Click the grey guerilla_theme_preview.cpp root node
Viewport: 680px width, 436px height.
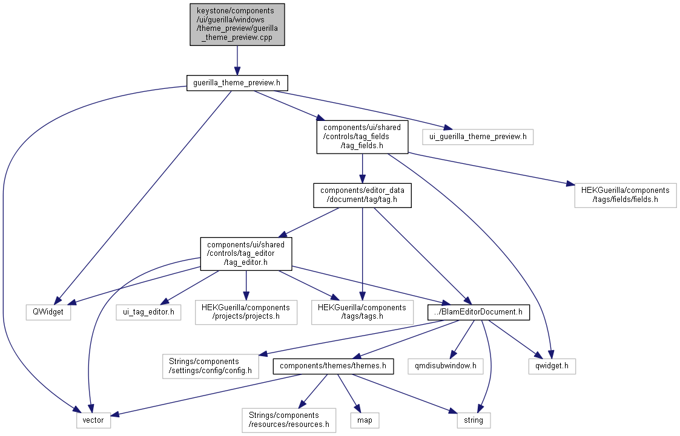pyautogui.click(x=237, y=24)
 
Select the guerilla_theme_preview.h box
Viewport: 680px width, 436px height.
pyautogui.click(x=237, y=83)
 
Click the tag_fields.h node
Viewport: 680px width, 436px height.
pyautogui.click(x=362, y=137)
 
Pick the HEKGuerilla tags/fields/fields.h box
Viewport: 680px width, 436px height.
pyautogui.click(x=625, y=194)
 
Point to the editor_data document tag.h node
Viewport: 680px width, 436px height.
pyautogui.click(x=362, y=194)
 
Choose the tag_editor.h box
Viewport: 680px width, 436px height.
pyautogui.click(x=246, y=253)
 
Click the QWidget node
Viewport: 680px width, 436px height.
pyautogui.click(x=48, y=312)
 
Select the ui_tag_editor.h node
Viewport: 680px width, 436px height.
pyautogui.click(x=148, y=312)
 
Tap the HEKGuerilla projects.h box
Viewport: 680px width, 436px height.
pyautogui.click(x=246, y=312)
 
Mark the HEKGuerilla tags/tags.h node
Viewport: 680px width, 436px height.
pyautogui.click(x=362, y=312)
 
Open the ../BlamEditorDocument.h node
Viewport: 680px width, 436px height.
pyautogui.click(x=479, y=312)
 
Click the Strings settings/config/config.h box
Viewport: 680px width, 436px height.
pyautogui.click(x=210, y=366)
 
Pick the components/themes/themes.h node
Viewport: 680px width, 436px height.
pyautogui.click(x=333, y=366)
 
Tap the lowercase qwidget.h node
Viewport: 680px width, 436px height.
pyautogui.click(x=550, y=366)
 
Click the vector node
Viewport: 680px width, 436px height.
pyautogui.click(x=94, y=420)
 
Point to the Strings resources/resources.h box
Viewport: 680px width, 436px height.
pyautogui.click(x=288, y=420)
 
